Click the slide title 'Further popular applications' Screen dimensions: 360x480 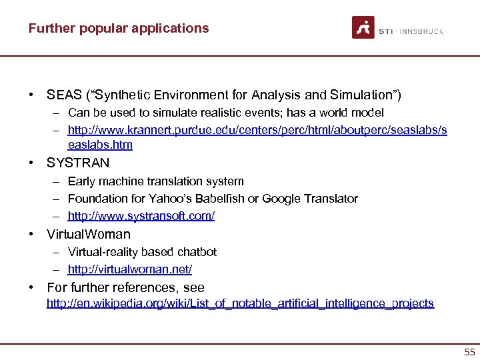[118, 28]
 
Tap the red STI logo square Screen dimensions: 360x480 [363, 27]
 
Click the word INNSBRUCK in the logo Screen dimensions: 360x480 [423, 31]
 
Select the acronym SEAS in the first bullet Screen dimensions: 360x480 [63, 95]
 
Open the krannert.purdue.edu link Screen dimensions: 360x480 [257, 130]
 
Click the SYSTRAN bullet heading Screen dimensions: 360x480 [78, 163]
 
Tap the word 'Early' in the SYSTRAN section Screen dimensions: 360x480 [81, 181]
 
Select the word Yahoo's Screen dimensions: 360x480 [189, 199]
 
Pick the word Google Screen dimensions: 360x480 [283, 199]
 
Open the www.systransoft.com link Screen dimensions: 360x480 [141, 216]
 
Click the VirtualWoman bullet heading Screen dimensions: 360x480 [89, 234]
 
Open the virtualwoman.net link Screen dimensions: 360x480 [129, 269]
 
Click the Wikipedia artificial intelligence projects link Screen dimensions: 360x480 [240, 303]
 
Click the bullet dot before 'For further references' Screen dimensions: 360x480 [31, 288]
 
